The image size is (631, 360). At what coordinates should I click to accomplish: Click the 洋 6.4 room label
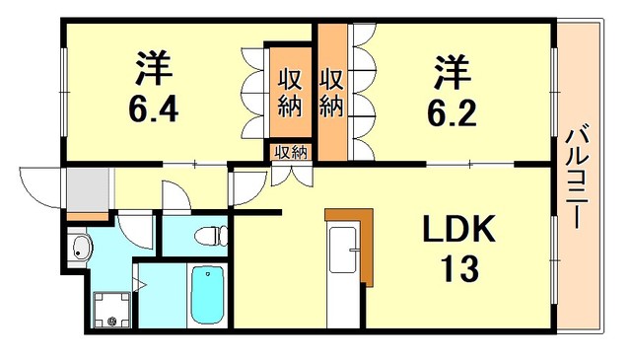(x=152, y=86)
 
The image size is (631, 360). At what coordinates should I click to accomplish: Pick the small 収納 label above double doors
(x=290, y=152)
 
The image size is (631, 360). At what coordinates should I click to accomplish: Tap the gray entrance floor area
(x=87, y=187)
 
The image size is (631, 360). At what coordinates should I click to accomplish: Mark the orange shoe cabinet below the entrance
(x=87, y=216)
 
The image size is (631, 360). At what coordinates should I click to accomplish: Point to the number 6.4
(x=152, y=107)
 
